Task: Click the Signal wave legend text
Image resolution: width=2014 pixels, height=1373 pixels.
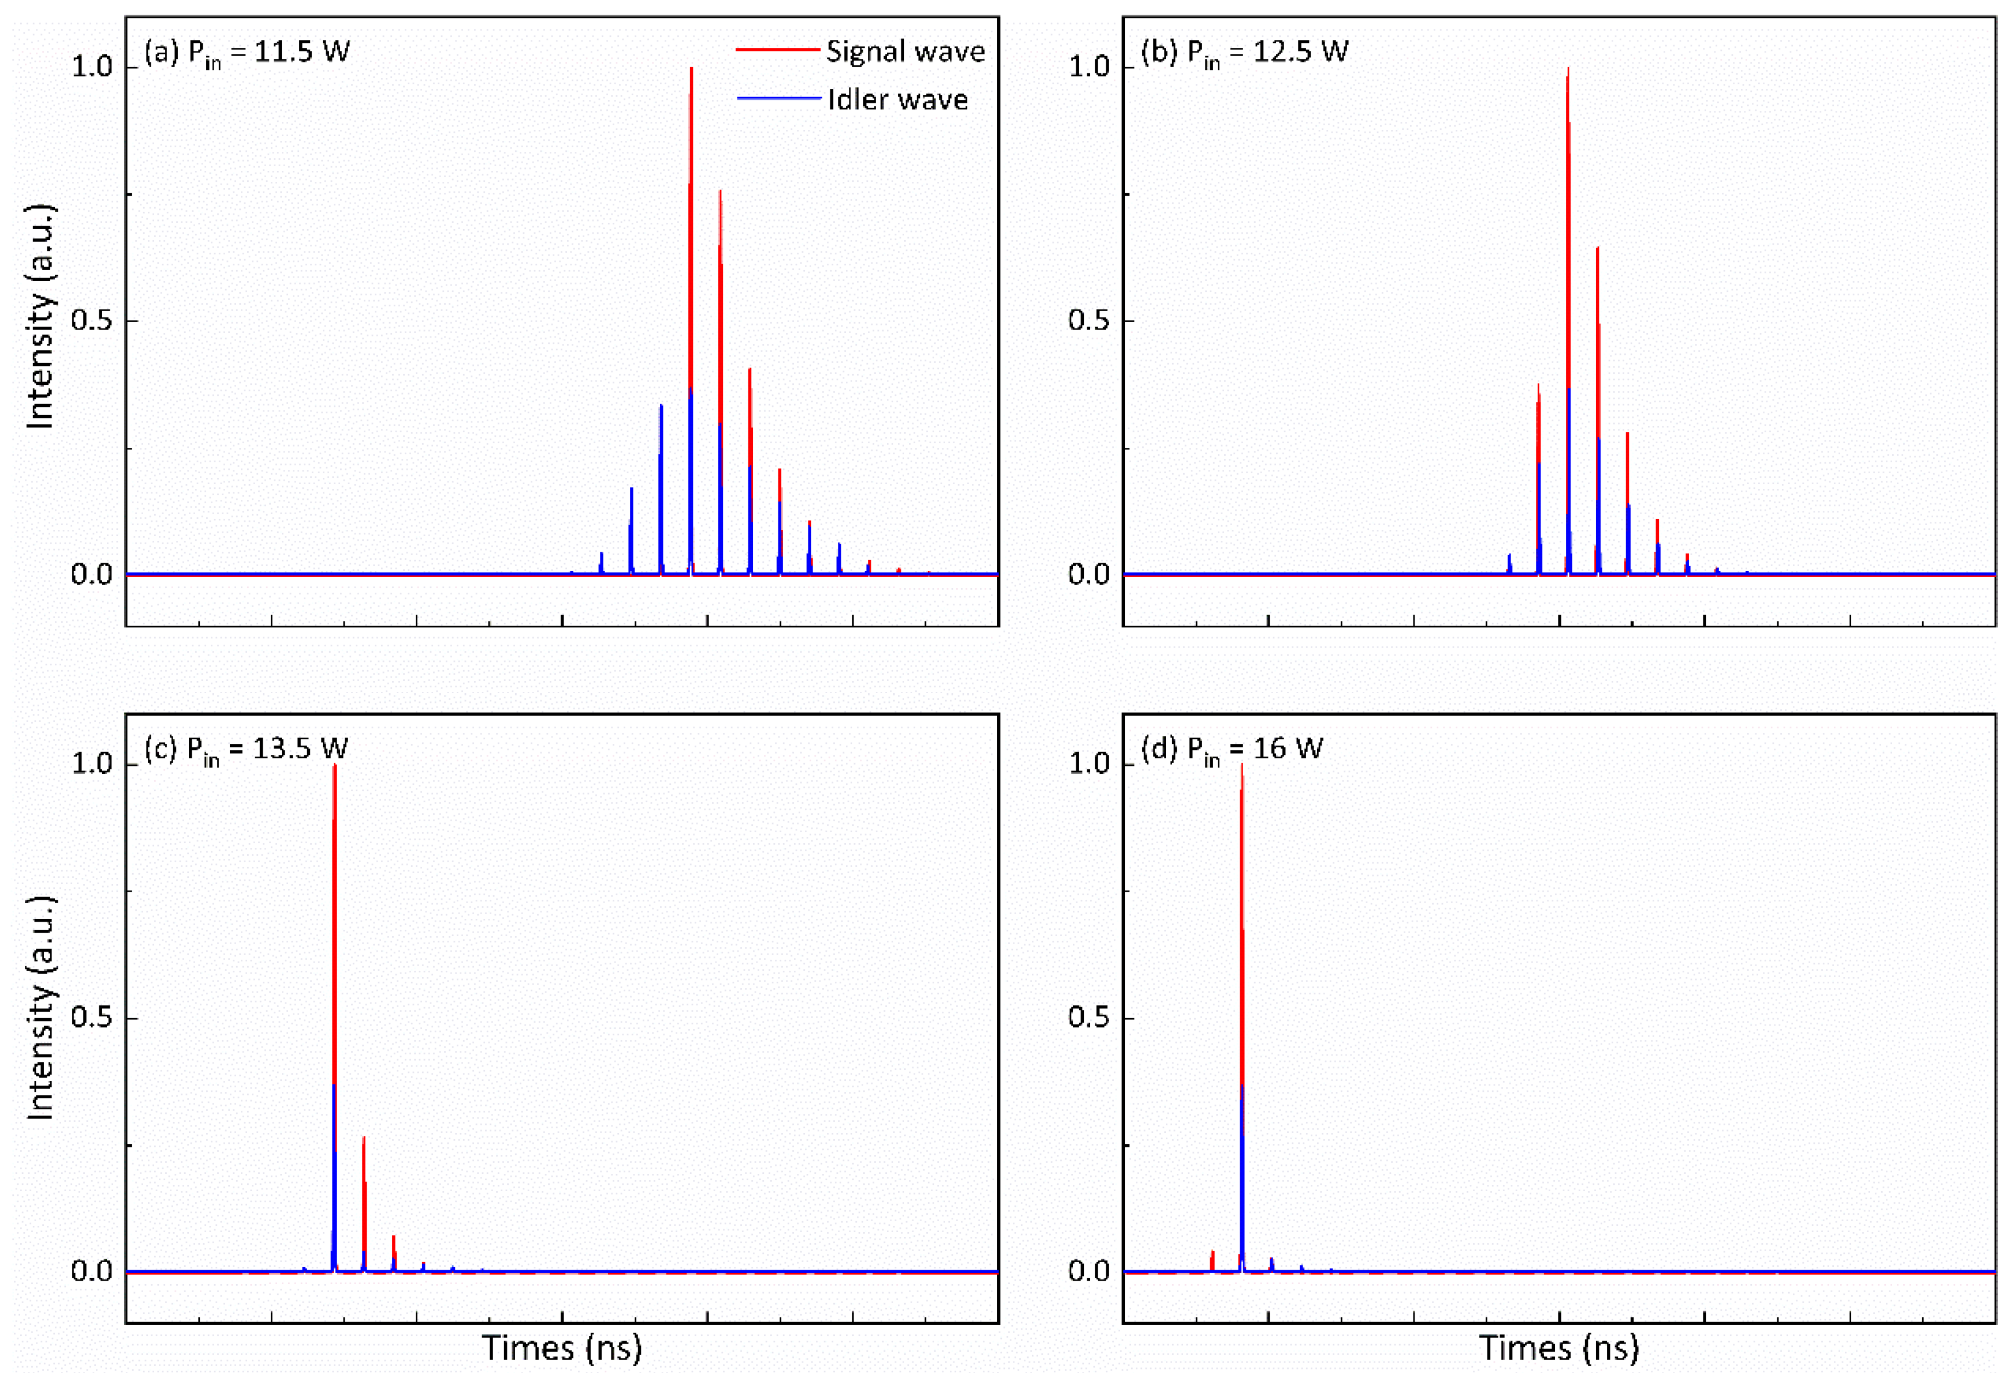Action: pos(905,52)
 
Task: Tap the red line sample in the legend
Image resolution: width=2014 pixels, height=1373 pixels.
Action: pos(777,50)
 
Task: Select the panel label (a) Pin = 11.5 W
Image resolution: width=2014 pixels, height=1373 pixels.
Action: pos(247,52)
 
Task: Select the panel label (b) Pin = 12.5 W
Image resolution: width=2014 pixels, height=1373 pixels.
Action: pos(1244,52)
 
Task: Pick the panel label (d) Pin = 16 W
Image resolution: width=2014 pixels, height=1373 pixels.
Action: pos(1232,749)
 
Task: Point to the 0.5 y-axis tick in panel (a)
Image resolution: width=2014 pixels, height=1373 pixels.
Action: pos(92,320)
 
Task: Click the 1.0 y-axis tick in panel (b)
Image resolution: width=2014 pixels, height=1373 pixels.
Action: pos(1090,67)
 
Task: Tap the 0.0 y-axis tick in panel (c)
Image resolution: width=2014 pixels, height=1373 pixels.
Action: pos(92,1271)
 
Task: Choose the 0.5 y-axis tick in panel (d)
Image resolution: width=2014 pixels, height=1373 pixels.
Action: pos(1090,1018)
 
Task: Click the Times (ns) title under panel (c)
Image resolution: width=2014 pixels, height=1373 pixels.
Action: pos(562,1348)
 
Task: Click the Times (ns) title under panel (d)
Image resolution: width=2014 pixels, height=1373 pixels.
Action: pos(1559,1348)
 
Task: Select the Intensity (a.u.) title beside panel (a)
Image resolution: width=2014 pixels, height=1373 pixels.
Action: pos(40,316)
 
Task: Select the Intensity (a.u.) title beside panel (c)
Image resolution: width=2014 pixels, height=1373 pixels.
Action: pos(40,1008)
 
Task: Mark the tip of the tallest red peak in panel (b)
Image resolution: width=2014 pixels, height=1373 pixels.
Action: pos(1568,69)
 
